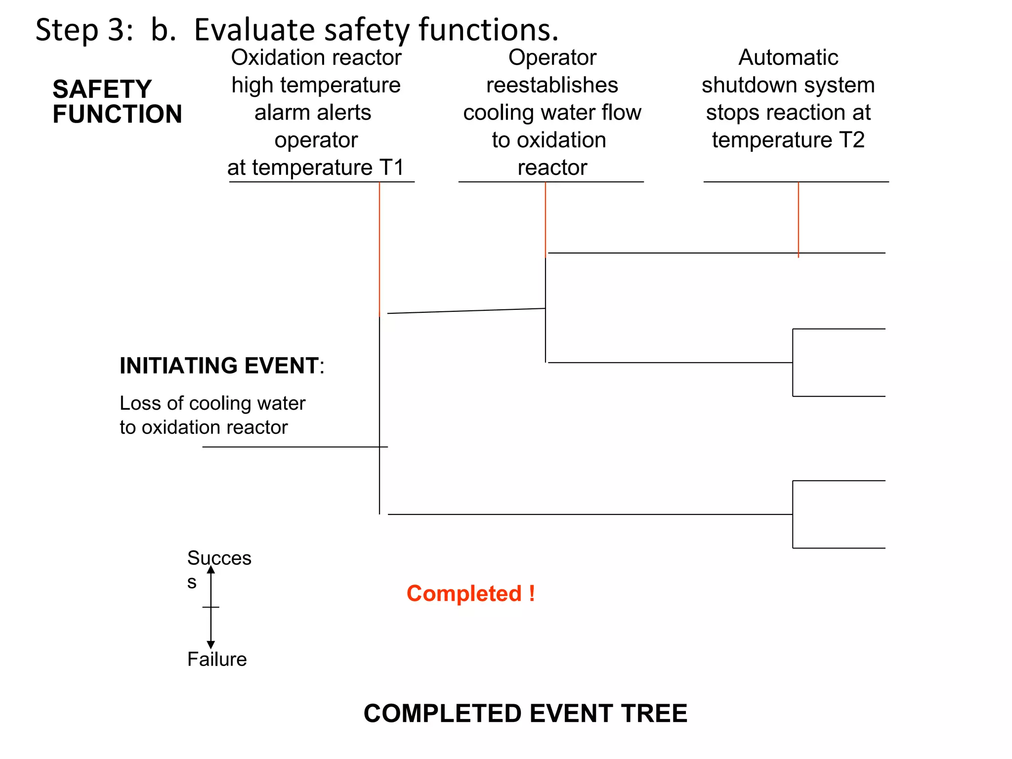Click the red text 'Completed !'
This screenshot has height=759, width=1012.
[470, 593]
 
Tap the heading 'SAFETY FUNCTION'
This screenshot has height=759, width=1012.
[117, 102]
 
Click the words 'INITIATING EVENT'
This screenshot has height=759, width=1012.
[219, 366]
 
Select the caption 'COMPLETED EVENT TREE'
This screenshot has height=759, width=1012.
[525, 714]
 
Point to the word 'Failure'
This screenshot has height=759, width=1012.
[217, 659]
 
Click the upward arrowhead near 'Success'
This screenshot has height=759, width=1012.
[211, 570]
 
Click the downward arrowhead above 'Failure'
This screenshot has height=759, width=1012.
[211, 644]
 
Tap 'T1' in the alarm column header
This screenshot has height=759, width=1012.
[391, 168]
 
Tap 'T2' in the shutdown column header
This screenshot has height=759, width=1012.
[851, 140]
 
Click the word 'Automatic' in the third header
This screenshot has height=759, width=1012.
[788, 58]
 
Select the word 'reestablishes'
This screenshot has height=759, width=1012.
[552, 85]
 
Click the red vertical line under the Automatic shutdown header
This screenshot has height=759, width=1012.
[799, 217]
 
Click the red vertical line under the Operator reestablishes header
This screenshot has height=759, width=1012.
[546, 217]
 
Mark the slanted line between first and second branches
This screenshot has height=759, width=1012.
[466, 311]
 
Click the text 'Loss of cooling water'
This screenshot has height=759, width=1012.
[212, 403]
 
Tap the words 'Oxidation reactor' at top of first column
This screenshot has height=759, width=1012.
[316, 58]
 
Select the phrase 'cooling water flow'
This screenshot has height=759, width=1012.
[552, 113]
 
